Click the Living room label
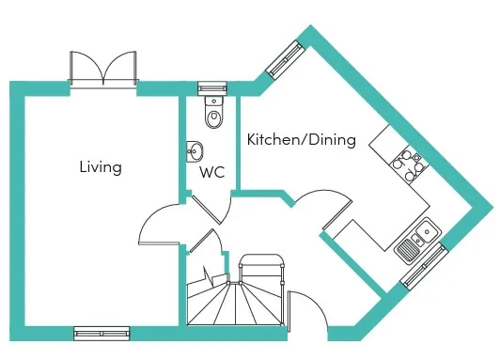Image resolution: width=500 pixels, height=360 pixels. pyautogui.click(x=101, y=167)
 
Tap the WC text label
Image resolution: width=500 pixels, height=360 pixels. pyautogui.click(x=212, y=172)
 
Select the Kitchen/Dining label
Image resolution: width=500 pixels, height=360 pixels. pyautogui.click(x=302, y=140)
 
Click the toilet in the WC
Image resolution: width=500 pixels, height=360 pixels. pyautogui.click(x=214, y=112)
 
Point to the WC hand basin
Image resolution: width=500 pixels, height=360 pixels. pyautogui.click(x=195, y=151)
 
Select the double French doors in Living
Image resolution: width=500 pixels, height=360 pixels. pyautogui.click(x=103, y=69)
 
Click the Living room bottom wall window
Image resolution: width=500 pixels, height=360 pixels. pyautogui.click(x=102, y=334)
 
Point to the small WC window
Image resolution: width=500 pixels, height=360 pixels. pyautogui.click(x=212, y=88)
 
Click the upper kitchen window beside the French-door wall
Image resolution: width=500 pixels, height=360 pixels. pyautogui.click(x=285, y=60)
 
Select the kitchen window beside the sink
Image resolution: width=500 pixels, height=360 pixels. pyautogui.click(x=425, y=266)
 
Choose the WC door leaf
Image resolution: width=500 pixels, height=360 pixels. pyautogui.click(x=206, y=210)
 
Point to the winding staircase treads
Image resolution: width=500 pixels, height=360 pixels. pyautogui.click(x=235, y=304)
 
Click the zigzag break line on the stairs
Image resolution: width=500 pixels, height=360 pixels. pyautogui.click(x=208, y=275)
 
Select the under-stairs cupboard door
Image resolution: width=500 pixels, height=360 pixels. pyautogui.click(x=202, y=241)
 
